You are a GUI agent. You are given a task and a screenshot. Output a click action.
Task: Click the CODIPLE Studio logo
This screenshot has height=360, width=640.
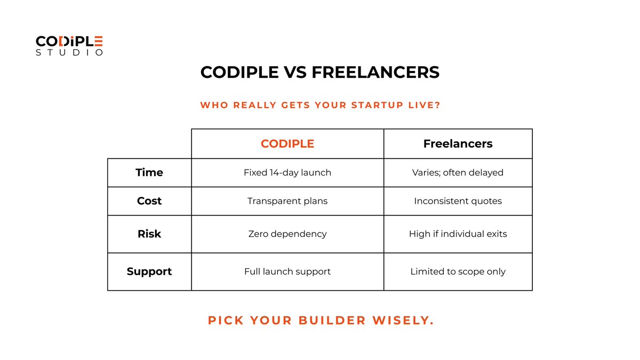click(x=69, y=45)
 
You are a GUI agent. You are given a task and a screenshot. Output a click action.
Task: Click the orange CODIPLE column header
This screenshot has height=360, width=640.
click(x=287, y=143)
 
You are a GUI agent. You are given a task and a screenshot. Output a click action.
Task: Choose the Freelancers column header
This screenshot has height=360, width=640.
click(x=458, y=143)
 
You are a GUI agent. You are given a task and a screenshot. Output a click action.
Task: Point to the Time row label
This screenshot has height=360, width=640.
click(x=149, y=172)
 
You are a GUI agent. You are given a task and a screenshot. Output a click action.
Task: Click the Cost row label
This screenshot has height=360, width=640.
click(x=149, y=201)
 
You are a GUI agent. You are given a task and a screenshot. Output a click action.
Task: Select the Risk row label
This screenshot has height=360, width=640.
click(x=149, y=234)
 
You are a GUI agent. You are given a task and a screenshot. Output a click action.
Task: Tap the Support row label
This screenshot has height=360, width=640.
click(x=149, y=271)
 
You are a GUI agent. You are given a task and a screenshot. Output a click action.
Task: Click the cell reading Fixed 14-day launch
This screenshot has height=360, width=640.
click(x=287, y=172)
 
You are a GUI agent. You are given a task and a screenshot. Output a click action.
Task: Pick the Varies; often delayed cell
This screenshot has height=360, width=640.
click(x=458, y=172)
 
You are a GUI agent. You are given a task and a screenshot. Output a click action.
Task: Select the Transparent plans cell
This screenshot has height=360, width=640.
click(x=287, y=201)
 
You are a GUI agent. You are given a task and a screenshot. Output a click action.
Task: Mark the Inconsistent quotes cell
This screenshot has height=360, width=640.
click(x=458, y=201)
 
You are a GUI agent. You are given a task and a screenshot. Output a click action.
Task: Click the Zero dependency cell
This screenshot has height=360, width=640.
click(x=287, y=234)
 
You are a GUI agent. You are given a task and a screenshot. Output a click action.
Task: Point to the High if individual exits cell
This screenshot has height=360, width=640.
click(x=458, y=234)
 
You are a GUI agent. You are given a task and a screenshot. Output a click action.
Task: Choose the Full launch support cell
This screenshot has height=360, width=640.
click(x=287, y=271)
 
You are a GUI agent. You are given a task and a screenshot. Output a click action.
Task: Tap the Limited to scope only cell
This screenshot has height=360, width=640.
click(x=458, y=271)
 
